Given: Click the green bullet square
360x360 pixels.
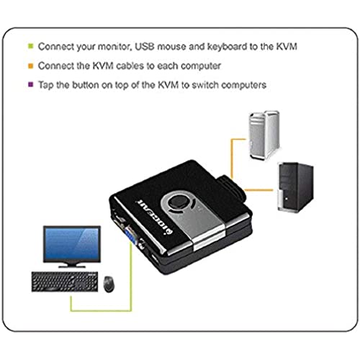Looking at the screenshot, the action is point(31,46).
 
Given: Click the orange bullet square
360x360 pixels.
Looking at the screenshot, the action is point(31,66).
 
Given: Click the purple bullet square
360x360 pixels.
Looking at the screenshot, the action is point(31,84).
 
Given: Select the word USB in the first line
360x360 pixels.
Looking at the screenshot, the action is point(145,46).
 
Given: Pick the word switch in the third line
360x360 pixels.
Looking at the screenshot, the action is point(205,85).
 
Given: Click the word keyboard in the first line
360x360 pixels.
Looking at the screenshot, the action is point(227,46).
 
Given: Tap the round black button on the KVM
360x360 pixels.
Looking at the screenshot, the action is point(178,202).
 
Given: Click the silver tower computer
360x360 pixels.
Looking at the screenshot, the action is point(264,135).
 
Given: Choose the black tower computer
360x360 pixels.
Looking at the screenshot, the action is point(295,187).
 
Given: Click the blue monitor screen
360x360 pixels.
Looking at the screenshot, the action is point(72,243).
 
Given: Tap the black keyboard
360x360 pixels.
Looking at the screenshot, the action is point(65,282).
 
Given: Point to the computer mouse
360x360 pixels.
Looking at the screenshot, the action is point(109,284).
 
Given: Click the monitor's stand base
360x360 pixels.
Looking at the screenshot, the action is point(72,266).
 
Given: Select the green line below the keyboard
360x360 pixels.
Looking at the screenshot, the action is point(101,310).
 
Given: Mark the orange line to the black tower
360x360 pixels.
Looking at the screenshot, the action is point(258,190).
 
